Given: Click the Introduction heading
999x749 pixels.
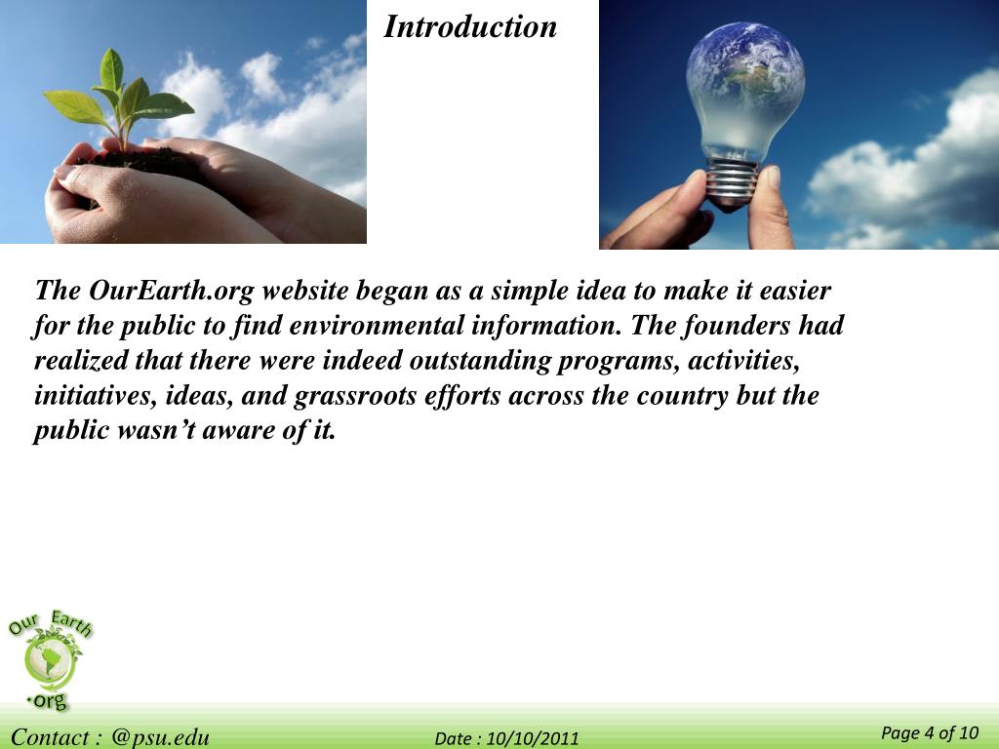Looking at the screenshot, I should (470, 26).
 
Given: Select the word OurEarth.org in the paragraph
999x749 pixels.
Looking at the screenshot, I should (172, 291).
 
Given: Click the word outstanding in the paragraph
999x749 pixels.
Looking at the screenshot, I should (479, 361).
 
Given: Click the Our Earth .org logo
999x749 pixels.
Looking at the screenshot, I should (49, 659).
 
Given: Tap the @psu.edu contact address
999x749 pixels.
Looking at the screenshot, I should (160, 737).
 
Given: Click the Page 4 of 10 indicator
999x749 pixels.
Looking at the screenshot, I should (929, 733).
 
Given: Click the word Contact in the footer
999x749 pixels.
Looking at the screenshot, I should (51, 737).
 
